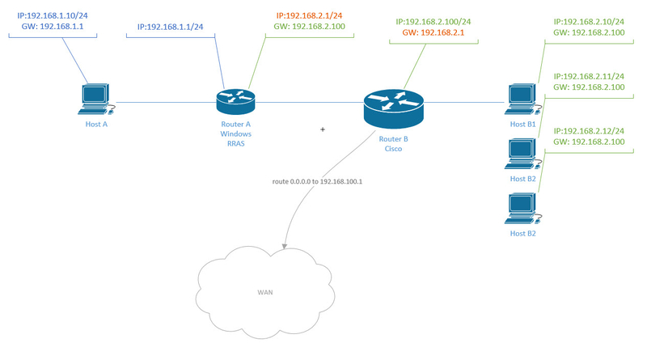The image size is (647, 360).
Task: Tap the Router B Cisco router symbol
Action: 393,104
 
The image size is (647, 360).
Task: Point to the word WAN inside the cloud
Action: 265,291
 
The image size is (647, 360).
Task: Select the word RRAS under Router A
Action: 236,143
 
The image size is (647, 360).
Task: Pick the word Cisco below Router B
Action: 394,149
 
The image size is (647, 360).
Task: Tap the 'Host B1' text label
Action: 522,124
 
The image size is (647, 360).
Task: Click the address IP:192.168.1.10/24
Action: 52,15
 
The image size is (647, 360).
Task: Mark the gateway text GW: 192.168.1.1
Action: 52,26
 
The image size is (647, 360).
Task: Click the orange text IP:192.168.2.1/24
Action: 309,15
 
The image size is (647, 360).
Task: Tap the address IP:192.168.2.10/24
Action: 589,21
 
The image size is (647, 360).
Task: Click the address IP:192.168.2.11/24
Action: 589,75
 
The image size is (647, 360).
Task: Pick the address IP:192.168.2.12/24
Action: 589,131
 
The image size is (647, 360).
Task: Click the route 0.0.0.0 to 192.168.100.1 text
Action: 317,181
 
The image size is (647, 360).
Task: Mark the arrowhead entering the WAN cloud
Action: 283,244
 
